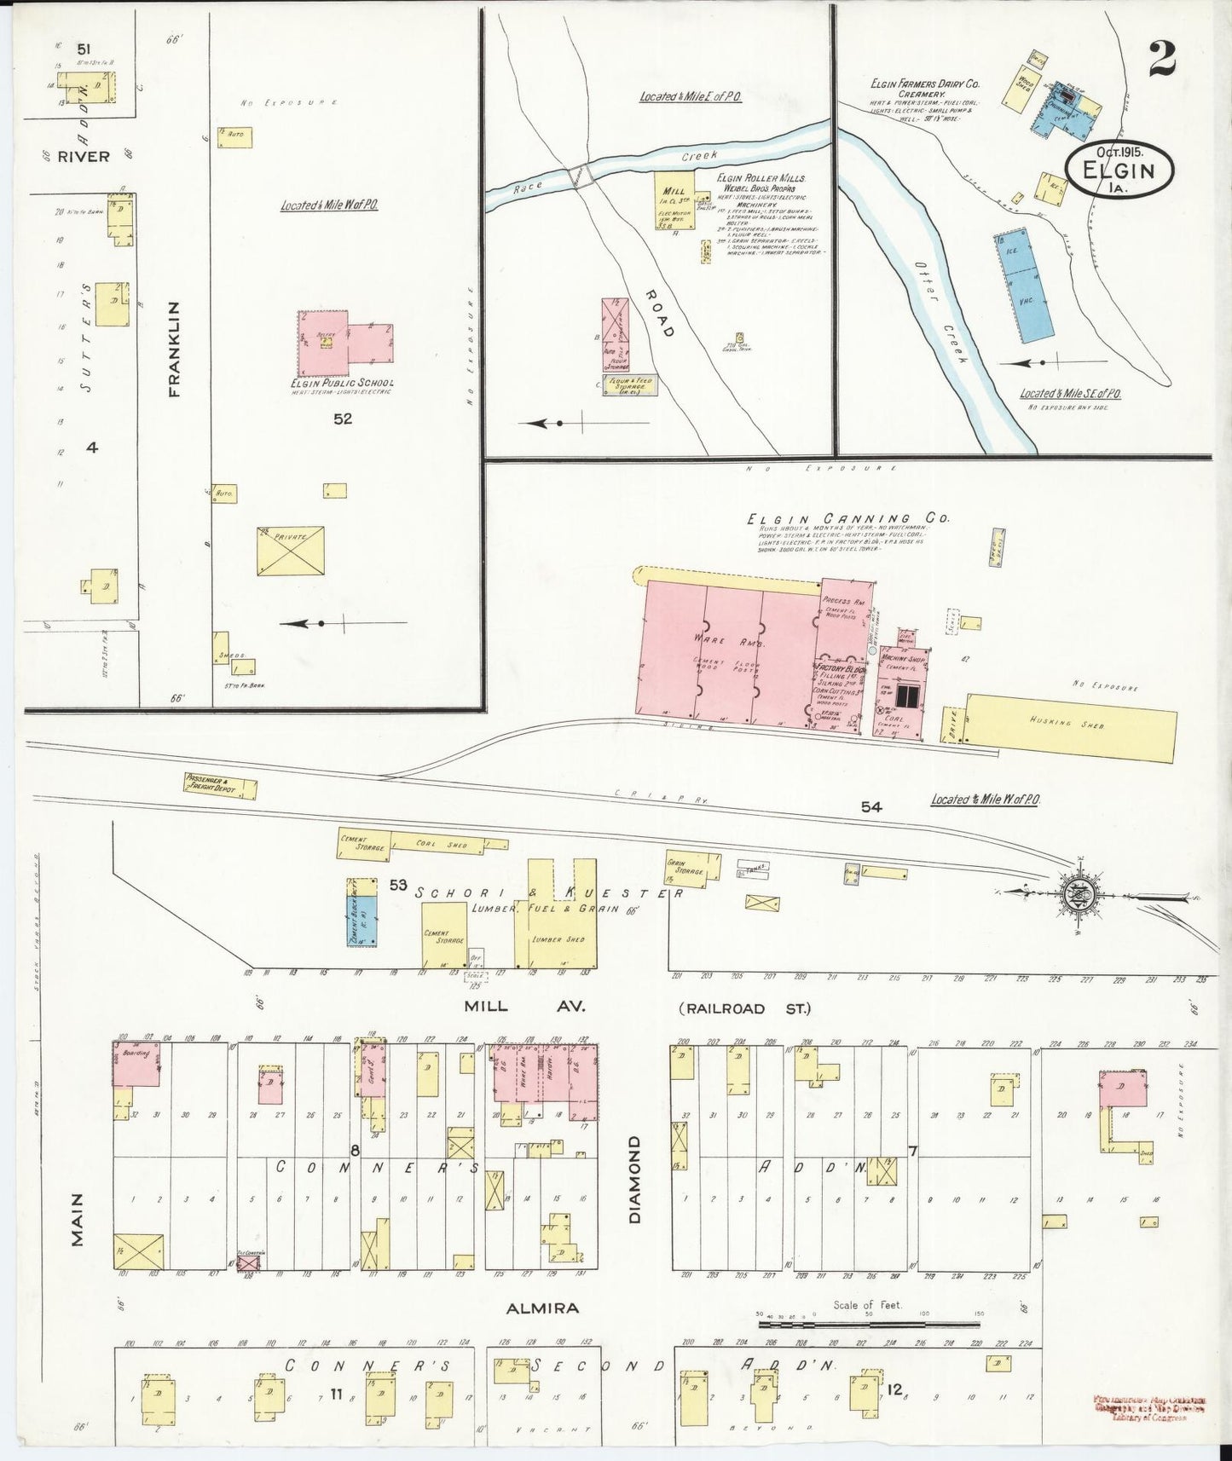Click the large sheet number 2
coord(1162,57)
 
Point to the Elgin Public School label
coord(341,383)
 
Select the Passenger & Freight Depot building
coord(219,785)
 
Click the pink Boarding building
coord(136,1062)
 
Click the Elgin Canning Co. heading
coord(847,518)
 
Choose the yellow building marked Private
coord(291,551)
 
